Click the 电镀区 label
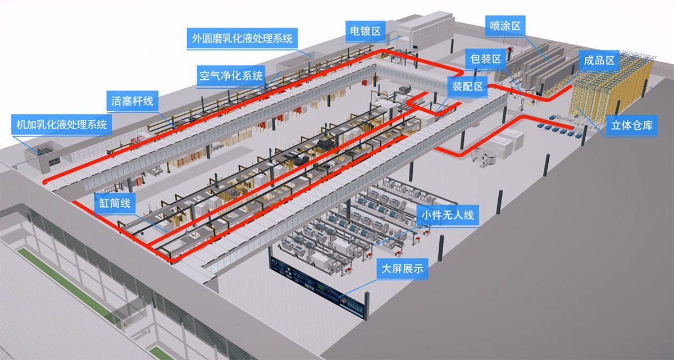tap(365, 30)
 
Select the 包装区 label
tap(486, 59)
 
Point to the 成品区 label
tap(600, 60)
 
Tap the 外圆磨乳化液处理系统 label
tap(242, 39)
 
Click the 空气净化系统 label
tap(230, 75)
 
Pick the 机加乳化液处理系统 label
tap(61, 124)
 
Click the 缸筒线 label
tap(115, 203)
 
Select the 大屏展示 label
tap(402, 270)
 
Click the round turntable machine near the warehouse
tap(484, 158)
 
